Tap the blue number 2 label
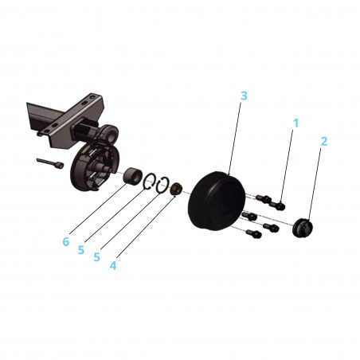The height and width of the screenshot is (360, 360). (324, 142)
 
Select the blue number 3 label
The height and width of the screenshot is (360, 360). (244, 96)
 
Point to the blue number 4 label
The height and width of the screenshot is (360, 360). (113, 264)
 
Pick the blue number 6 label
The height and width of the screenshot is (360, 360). (66, 241)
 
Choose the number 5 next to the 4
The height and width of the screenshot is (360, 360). (96, 257)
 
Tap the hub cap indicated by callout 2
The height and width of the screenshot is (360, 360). (303, 226)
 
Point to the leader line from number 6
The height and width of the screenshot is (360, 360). (95, 209)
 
